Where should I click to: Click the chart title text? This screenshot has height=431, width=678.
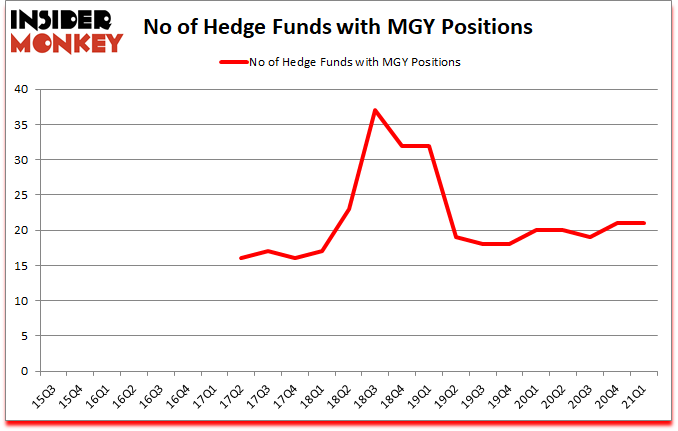(344, 27)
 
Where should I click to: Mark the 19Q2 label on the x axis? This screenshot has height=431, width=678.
(444, 394)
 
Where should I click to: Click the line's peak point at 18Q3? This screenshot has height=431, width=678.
(375, 110)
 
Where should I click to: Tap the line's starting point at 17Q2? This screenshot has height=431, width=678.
(241, 258)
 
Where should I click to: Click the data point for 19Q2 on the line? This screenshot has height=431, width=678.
(455, 237)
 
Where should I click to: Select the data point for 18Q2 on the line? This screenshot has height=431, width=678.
(348, 209)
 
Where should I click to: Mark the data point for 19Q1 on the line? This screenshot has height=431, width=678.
(428, 145)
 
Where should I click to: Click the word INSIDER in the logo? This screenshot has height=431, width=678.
(65, 19)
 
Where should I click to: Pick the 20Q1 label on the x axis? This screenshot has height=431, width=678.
(524, 394)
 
